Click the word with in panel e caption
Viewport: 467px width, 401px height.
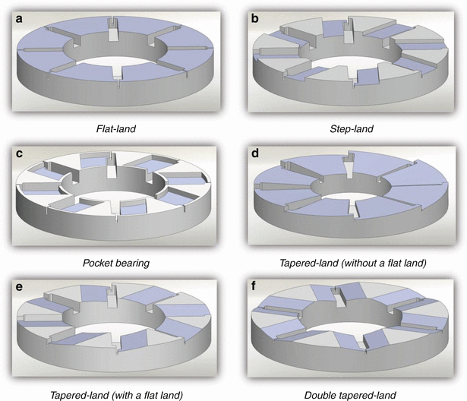(117, 394)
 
